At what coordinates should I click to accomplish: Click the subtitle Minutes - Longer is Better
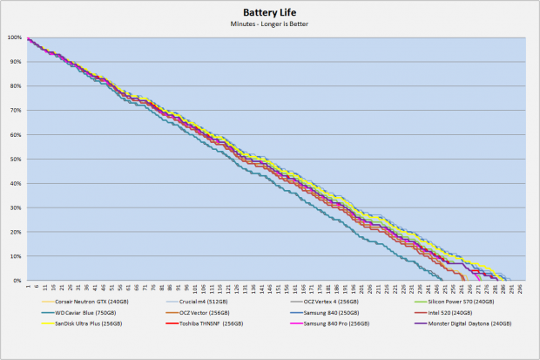tap(269, 24)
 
